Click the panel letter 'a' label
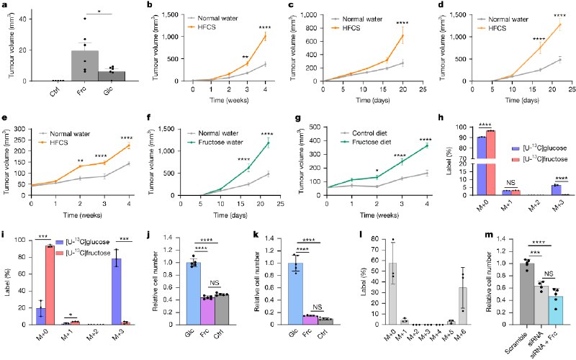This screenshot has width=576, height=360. coord(4,6)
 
